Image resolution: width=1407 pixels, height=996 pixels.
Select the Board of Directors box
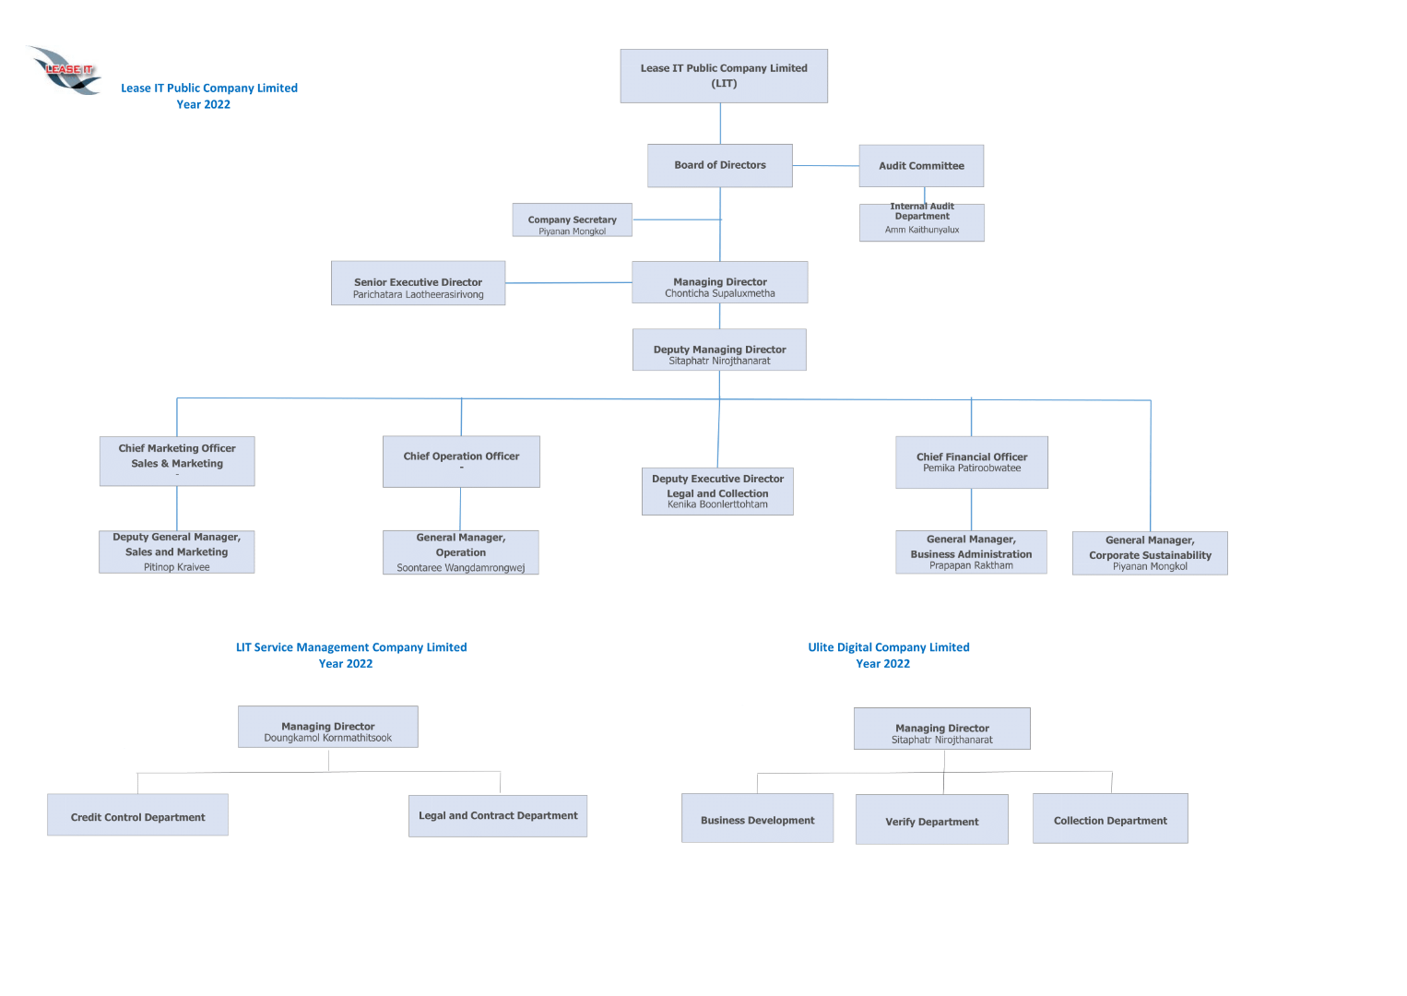(x=719, y=166)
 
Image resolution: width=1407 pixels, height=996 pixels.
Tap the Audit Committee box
(x=921, y=166)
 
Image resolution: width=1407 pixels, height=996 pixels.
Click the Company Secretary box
(x=573, y=220)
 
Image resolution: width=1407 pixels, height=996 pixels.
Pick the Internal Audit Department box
(x=921, y=222)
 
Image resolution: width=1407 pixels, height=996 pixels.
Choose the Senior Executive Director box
(x=418, y=283)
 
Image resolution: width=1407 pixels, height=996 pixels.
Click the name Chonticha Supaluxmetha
(x=720, y=294)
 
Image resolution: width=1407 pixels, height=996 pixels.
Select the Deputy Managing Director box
(x=719, y=350)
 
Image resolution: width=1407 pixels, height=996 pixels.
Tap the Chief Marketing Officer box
(x=177, y=461)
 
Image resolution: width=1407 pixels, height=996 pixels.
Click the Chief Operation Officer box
(x=461, y=461)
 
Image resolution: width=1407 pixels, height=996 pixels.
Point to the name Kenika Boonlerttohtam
(x=717, y=504)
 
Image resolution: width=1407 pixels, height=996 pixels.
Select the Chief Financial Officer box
(x=972, y=462)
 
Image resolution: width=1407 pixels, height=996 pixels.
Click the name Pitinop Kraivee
(x=177, y=567)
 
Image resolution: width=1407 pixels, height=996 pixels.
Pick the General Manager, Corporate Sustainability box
(x=1150, y=553)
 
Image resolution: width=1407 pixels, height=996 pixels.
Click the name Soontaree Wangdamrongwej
(x=461, y=568)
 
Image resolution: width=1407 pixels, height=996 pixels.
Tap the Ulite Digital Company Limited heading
(x=889, y=647)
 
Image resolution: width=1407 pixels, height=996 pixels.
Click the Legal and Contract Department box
(x=498, y=816)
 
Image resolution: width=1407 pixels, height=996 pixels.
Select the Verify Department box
(x=931, y=820)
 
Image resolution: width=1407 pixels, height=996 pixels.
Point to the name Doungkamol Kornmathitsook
(x=328, y=739)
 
